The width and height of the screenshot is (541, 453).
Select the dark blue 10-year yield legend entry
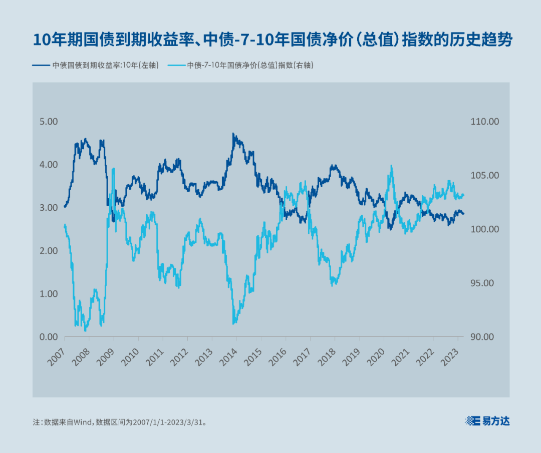tap(95, 65)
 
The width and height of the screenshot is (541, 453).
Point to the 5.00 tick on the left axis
tap(49, 122)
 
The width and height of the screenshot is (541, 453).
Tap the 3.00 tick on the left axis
tap(49, 208)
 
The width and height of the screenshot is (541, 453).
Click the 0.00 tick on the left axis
tap(49, 337)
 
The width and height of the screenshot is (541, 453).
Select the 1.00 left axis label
tap(49, 294)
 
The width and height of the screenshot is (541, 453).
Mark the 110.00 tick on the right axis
tap(485, 122)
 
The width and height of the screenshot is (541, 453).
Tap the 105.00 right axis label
tap(484, 175)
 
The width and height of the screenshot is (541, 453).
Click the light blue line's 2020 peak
tap(390, 167)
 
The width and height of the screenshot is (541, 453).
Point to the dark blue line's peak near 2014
tap(233, 134)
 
